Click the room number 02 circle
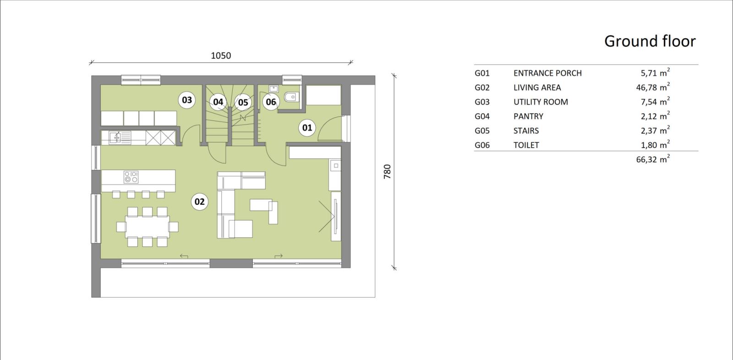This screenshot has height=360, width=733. pos(200,202)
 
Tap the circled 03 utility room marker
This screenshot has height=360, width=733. pos(187,100)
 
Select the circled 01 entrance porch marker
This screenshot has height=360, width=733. pos(307,128)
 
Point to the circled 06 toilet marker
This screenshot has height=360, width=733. pos(271,102)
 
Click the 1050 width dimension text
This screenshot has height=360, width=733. pos(221,55)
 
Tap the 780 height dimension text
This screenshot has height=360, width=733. pos(387,171)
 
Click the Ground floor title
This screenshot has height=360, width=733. pos(650,41)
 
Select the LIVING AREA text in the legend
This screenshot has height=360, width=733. pos(537,87)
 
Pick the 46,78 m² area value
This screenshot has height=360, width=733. pos(653,87)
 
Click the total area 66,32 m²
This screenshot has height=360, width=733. pos(653,159)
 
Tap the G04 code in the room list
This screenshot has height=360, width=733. pos(482,116)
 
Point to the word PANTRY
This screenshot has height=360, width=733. pos(528,116)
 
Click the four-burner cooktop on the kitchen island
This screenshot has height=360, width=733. pos(131,177)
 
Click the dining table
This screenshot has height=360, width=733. pos(147,226)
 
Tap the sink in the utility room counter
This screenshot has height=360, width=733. pos(115,137)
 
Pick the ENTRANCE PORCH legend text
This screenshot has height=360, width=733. pos(547,73)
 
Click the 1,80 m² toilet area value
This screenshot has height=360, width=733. pos(655,145)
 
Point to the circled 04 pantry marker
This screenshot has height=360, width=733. pos(218,102)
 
